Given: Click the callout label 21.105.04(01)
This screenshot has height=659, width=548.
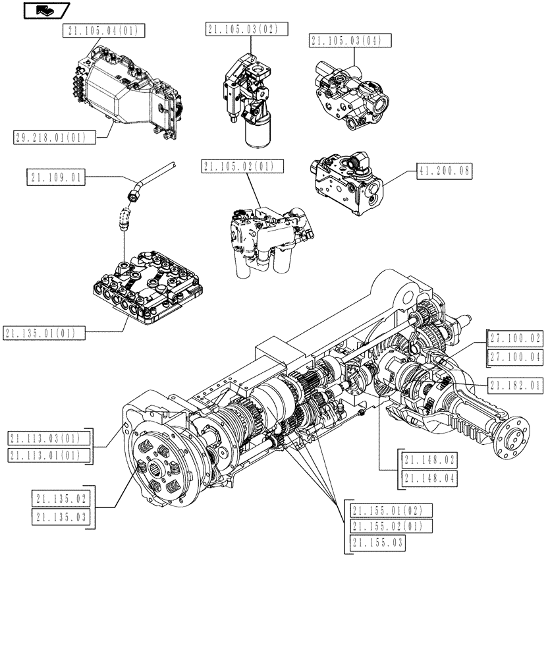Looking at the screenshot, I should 105,30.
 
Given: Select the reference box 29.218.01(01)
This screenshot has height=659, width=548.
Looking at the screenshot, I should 53,136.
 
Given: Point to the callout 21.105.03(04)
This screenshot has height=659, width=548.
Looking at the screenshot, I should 350,42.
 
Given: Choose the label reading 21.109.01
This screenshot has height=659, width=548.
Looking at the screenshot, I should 57,177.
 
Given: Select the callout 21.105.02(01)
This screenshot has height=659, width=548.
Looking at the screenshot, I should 243,167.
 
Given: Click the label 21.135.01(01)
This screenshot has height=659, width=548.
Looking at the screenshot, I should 43,333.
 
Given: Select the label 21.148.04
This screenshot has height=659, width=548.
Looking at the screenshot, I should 430,478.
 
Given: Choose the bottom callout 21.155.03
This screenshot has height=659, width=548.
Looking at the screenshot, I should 377,543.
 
